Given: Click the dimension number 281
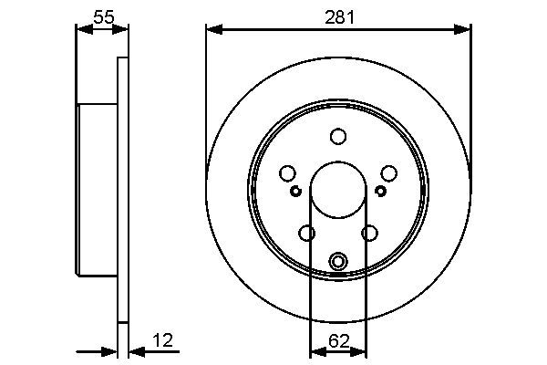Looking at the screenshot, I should click(x=338, y=16).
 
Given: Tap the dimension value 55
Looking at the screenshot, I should click(x=102, y=16).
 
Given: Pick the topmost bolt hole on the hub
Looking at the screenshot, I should click(x=338, y=136).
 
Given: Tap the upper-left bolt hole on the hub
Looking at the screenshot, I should click(x=287, y=173).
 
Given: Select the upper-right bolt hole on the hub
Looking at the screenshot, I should click(x=389, y=173).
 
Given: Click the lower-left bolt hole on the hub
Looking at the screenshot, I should click(x=307, y=234).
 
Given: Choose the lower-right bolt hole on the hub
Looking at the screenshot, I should click(x=369, y=234).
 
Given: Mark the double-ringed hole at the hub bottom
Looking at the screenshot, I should click(x=338, y=262).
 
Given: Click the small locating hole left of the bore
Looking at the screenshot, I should click(x=295, y=191).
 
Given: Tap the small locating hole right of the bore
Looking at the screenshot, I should click(x=380, y=191).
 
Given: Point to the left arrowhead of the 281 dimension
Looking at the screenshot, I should click(x=212, y=30).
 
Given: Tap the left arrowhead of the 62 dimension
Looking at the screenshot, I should click(x=315, y=351).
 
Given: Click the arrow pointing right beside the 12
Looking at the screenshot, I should click(x=111, y=351).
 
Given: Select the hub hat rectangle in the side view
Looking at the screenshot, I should click(x=97, y=191).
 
